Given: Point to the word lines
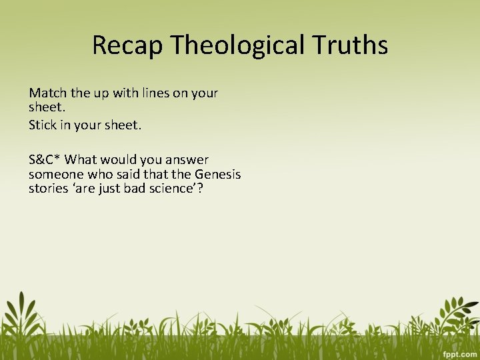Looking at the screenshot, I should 155,93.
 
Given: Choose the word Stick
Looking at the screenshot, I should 43,125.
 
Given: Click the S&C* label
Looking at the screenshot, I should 45,159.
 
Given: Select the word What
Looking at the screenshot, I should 81,159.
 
